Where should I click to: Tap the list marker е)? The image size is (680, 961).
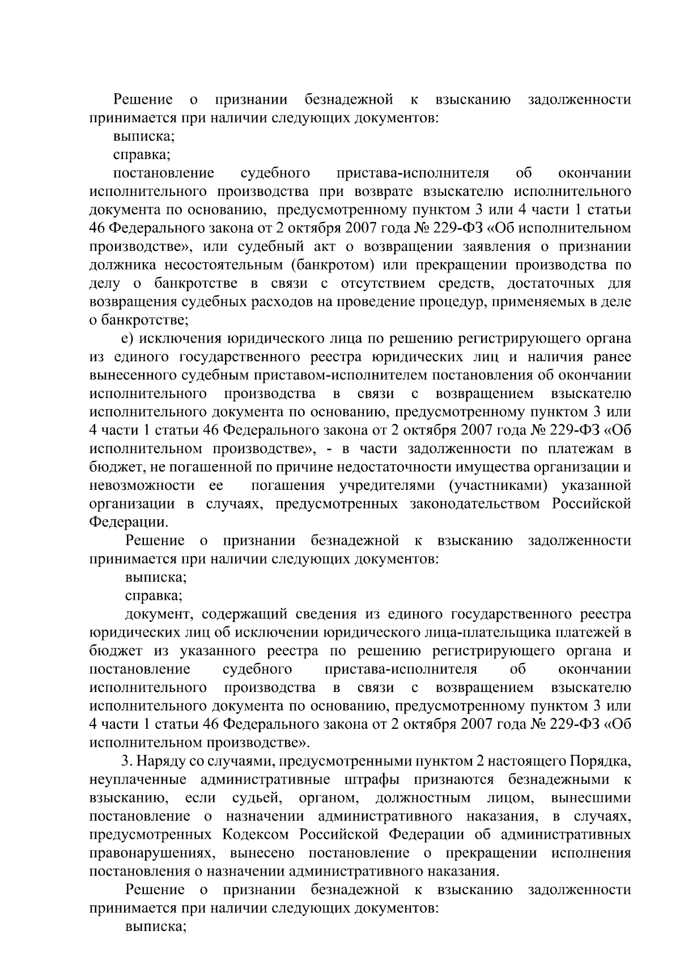click(127, 339)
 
